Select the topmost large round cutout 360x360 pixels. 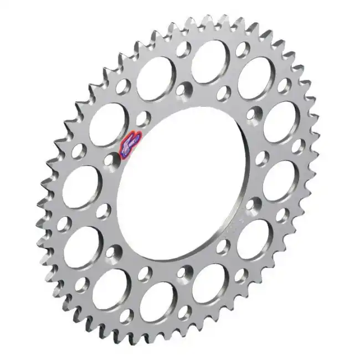click(x=211, y=61)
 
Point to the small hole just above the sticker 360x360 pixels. click(x=143, y=118)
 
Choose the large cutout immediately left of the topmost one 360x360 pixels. click(x=157, y=79)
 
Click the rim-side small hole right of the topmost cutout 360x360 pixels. click(x=242, y=50)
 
